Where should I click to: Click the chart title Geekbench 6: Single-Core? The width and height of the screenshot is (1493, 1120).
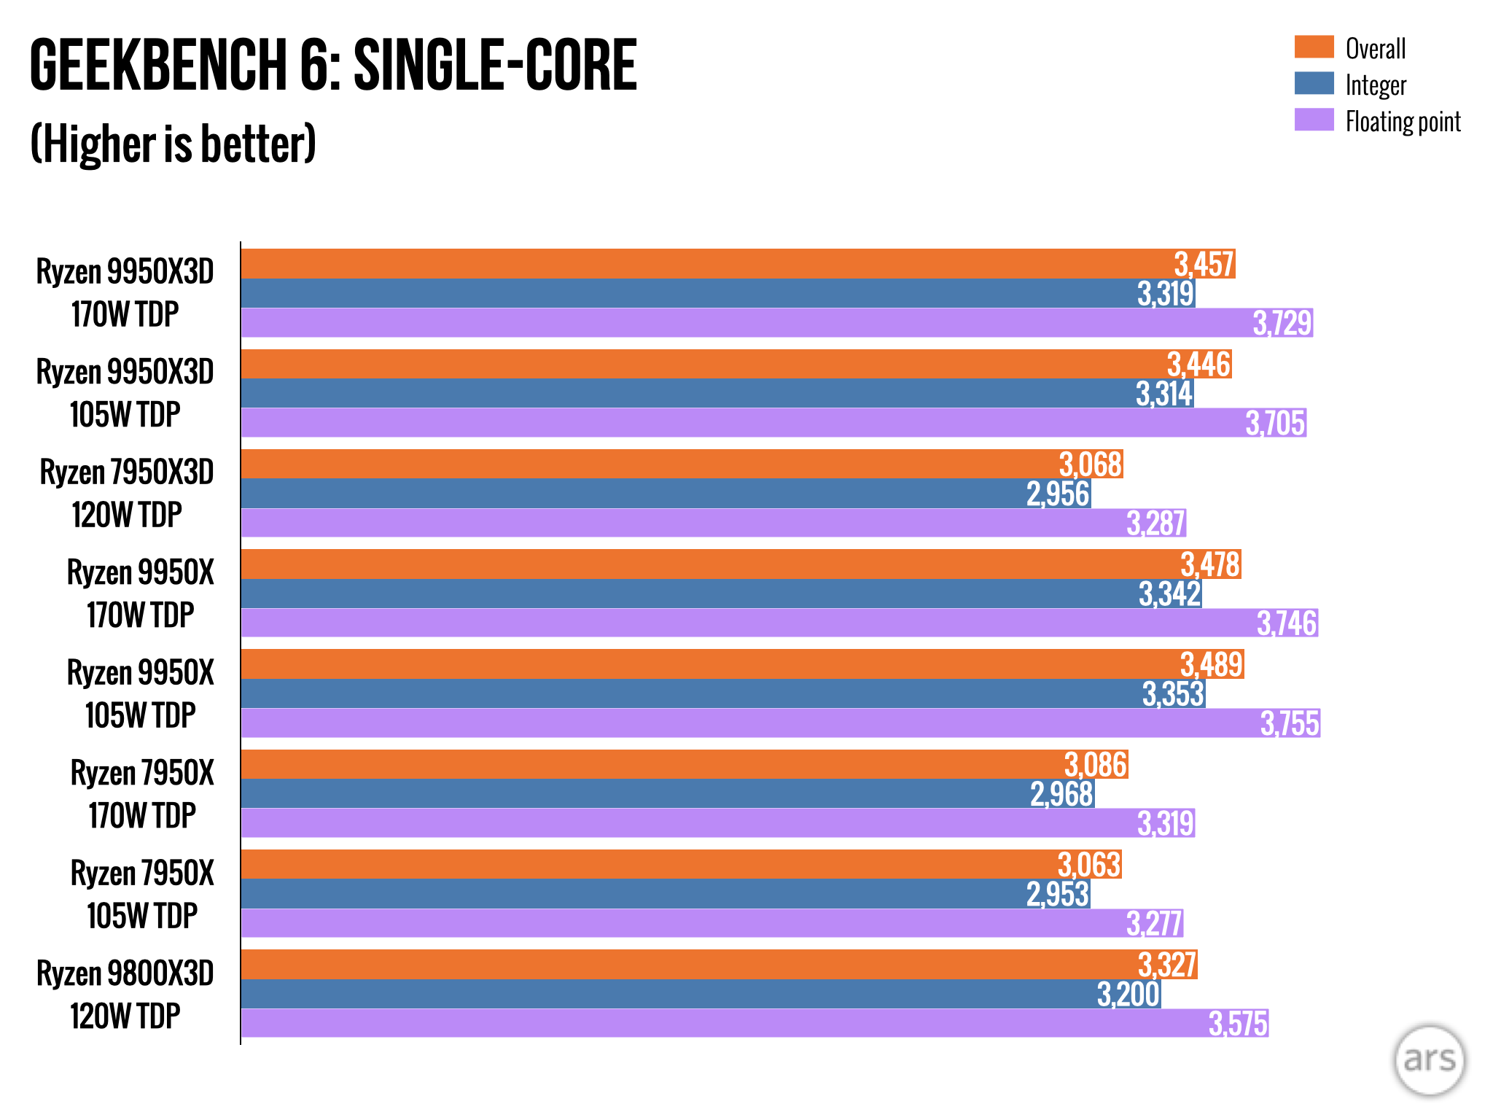[x=333, y=66]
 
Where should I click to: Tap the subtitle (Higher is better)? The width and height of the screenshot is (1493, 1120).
[x=174, y=144]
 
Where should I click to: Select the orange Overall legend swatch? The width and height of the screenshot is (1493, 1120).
[x=1314, y=47]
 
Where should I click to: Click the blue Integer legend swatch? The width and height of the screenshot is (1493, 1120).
[x=1314, y=83]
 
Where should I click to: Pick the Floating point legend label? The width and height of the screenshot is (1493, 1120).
[x=1403, y=122]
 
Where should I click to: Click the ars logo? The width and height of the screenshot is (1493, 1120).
[x=1429, y=1059]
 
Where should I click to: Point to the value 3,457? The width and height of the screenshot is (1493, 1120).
[x=1204, y=264]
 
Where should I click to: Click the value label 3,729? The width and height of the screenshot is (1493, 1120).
[x=1282, y=323]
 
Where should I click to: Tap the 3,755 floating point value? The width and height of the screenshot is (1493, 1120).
[x=1290, y=723]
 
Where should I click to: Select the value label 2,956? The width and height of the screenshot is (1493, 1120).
[x=1058, y=494]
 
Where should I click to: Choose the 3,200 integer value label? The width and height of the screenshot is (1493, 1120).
[x=1128, y=994]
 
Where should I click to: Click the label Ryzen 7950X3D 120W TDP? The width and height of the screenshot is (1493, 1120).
[x=126, y=494]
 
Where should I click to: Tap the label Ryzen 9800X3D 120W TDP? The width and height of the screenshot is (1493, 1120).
[x=125, y=995]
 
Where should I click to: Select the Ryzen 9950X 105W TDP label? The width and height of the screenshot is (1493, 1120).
[x=140, y=693]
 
